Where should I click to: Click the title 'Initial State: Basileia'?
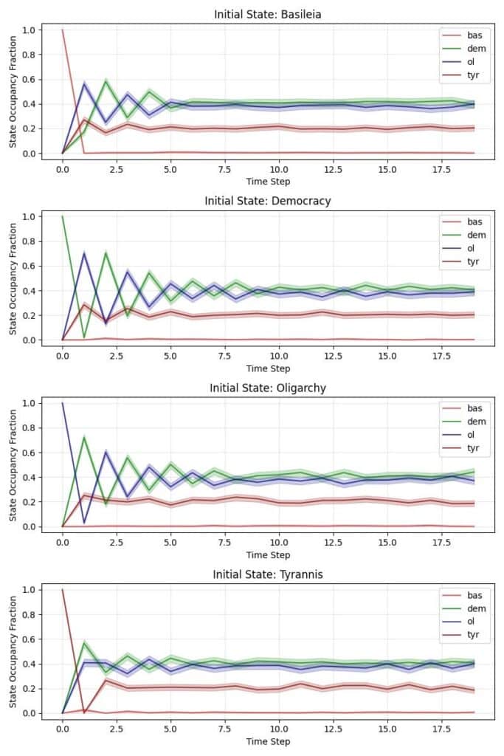[x=268, y=14]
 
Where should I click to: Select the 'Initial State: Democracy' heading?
[x=268, y=201]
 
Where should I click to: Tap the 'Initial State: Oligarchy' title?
[x=268, y=388]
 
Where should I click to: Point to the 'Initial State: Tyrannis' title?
[x=268, y=574]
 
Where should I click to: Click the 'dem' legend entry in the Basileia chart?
[x=475, y=49]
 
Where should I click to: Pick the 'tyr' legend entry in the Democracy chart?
[x=475, y=262]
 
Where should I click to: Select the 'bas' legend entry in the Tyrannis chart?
[x=475, y=594]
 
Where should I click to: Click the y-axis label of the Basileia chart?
[x=13, y=92]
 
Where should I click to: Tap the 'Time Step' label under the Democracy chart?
[x=268, y=368]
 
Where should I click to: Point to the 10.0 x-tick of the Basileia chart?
[x=279, y=169]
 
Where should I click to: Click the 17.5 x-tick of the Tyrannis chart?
[x=441, y=729]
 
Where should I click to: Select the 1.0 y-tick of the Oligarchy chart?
[x=29, y=403]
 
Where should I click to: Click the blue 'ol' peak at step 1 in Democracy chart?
[x=84, y=253]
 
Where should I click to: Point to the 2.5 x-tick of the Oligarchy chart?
[x=117, y=543]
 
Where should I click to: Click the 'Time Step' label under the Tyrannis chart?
[x=268, y=741]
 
